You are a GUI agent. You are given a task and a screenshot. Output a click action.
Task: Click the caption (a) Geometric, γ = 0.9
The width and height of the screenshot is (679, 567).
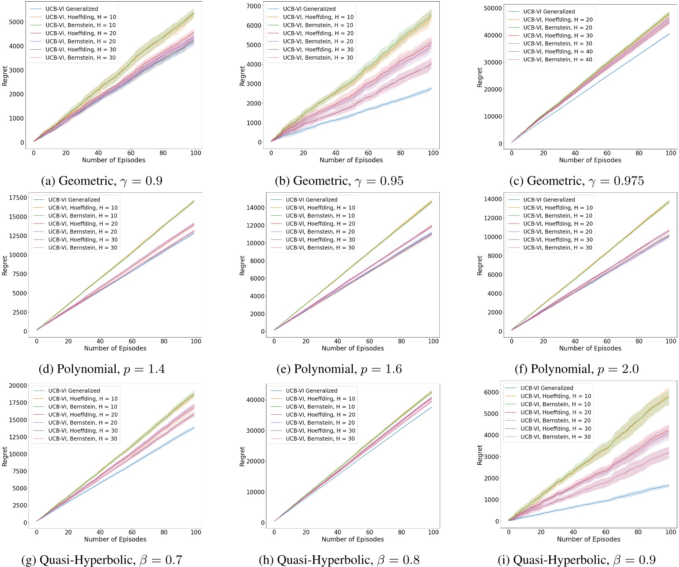(x=101, y=181)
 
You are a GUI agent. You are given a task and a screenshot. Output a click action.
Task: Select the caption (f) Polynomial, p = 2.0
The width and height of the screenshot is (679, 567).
(x=576, y=369)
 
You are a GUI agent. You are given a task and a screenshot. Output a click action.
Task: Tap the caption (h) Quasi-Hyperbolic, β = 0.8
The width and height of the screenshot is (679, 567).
(x=339, y=559)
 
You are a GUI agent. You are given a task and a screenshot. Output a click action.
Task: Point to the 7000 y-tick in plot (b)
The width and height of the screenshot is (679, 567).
(x=253, y=6)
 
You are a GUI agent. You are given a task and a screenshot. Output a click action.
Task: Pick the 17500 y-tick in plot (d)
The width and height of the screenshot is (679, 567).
(x=18, y=198)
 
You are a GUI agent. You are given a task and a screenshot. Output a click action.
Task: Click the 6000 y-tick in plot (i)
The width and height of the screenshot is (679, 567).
(x=491, y=392)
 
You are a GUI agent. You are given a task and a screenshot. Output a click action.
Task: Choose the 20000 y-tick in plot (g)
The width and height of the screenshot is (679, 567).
(x=18, y=386)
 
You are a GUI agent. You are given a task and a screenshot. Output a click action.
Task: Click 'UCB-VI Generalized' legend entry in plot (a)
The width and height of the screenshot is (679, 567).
(x=72, y=9)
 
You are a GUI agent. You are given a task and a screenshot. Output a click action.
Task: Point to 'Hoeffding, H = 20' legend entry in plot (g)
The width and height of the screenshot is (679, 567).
(x=83, y=415)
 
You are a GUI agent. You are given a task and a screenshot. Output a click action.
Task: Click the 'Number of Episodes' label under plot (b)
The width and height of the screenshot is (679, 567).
(x=351, y=160)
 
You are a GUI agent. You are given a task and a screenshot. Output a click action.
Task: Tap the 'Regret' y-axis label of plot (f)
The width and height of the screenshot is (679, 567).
(x=480, y=265)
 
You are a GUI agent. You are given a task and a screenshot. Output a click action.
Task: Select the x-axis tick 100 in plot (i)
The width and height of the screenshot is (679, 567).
(x=670, y=532)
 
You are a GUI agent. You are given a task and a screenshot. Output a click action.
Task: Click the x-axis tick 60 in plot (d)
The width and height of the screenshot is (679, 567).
(x=132, y=341)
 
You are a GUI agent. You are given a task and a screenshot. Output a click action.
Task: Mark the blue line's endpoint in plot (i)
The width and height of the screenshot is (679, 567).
(x=669, y=486)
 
